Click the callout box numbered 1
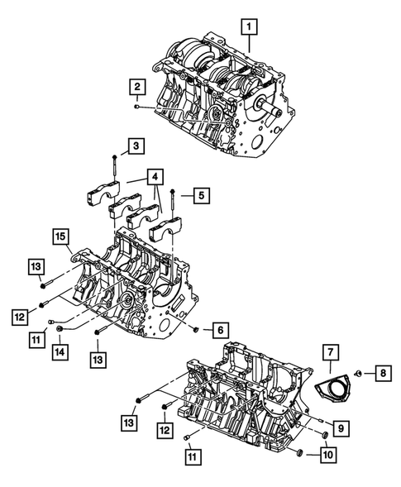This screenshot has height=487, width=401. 247,28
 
